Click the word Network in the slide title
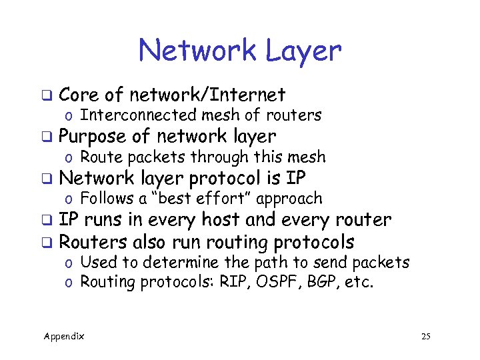194,51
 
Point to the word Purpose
92,137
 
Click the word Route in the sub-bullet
99,157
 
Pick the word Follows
105,199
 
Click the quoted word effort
223,199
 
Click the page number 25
426,337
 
